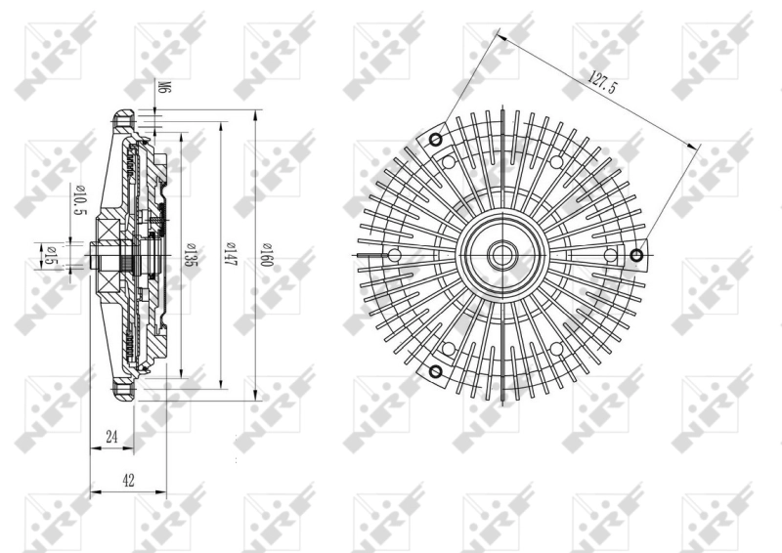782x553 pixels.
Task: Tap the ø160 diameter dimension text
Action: tap(266, 257)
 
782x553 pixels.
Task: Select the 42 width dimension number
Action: tap(129, 480)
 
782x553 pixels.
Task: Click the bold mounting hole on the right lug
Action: tap(636, 256)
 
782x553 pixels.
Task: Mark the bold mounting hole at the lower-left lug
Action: tap(436, 371)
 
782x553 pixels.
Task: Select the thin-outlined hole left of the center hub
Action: tap(394, 256)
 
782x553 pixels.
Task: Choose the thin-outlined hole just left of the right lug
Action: tap(610, 256)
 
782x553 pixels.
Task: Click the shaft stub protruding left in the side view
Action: tap(96, 258)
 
